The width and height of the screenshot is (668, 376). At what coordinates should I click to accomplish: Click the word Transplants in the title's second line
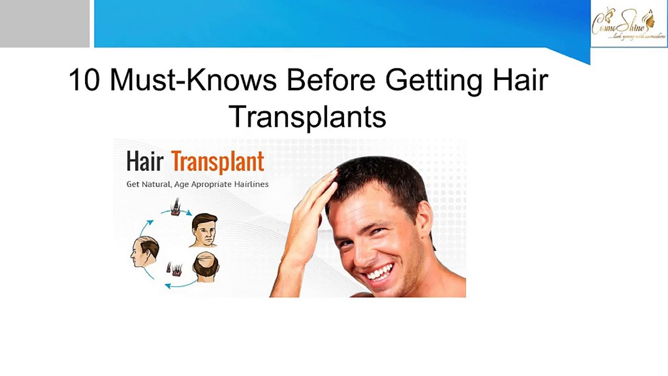[x=307, y=117]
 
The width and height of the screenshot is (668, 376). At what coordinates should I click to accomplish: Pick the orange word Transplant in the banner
[x=218, y=162]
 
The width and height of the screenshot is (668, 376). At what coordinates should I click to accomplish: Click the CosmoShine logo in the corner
[x=628, y=23]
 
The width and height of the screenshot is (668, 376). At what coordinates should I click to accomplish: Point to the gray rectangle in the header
[x=44, y=23]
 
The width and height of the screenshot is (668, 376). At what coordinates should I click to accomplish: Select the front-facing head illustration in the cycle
[x=204, y=230]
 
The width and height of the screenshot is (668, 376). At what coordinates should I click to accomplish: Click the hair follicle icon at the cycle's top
[x=175, y=207]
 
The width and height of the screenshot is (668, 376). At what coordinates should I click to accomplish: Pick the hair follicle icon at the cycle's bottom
[x=174, y=269]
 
